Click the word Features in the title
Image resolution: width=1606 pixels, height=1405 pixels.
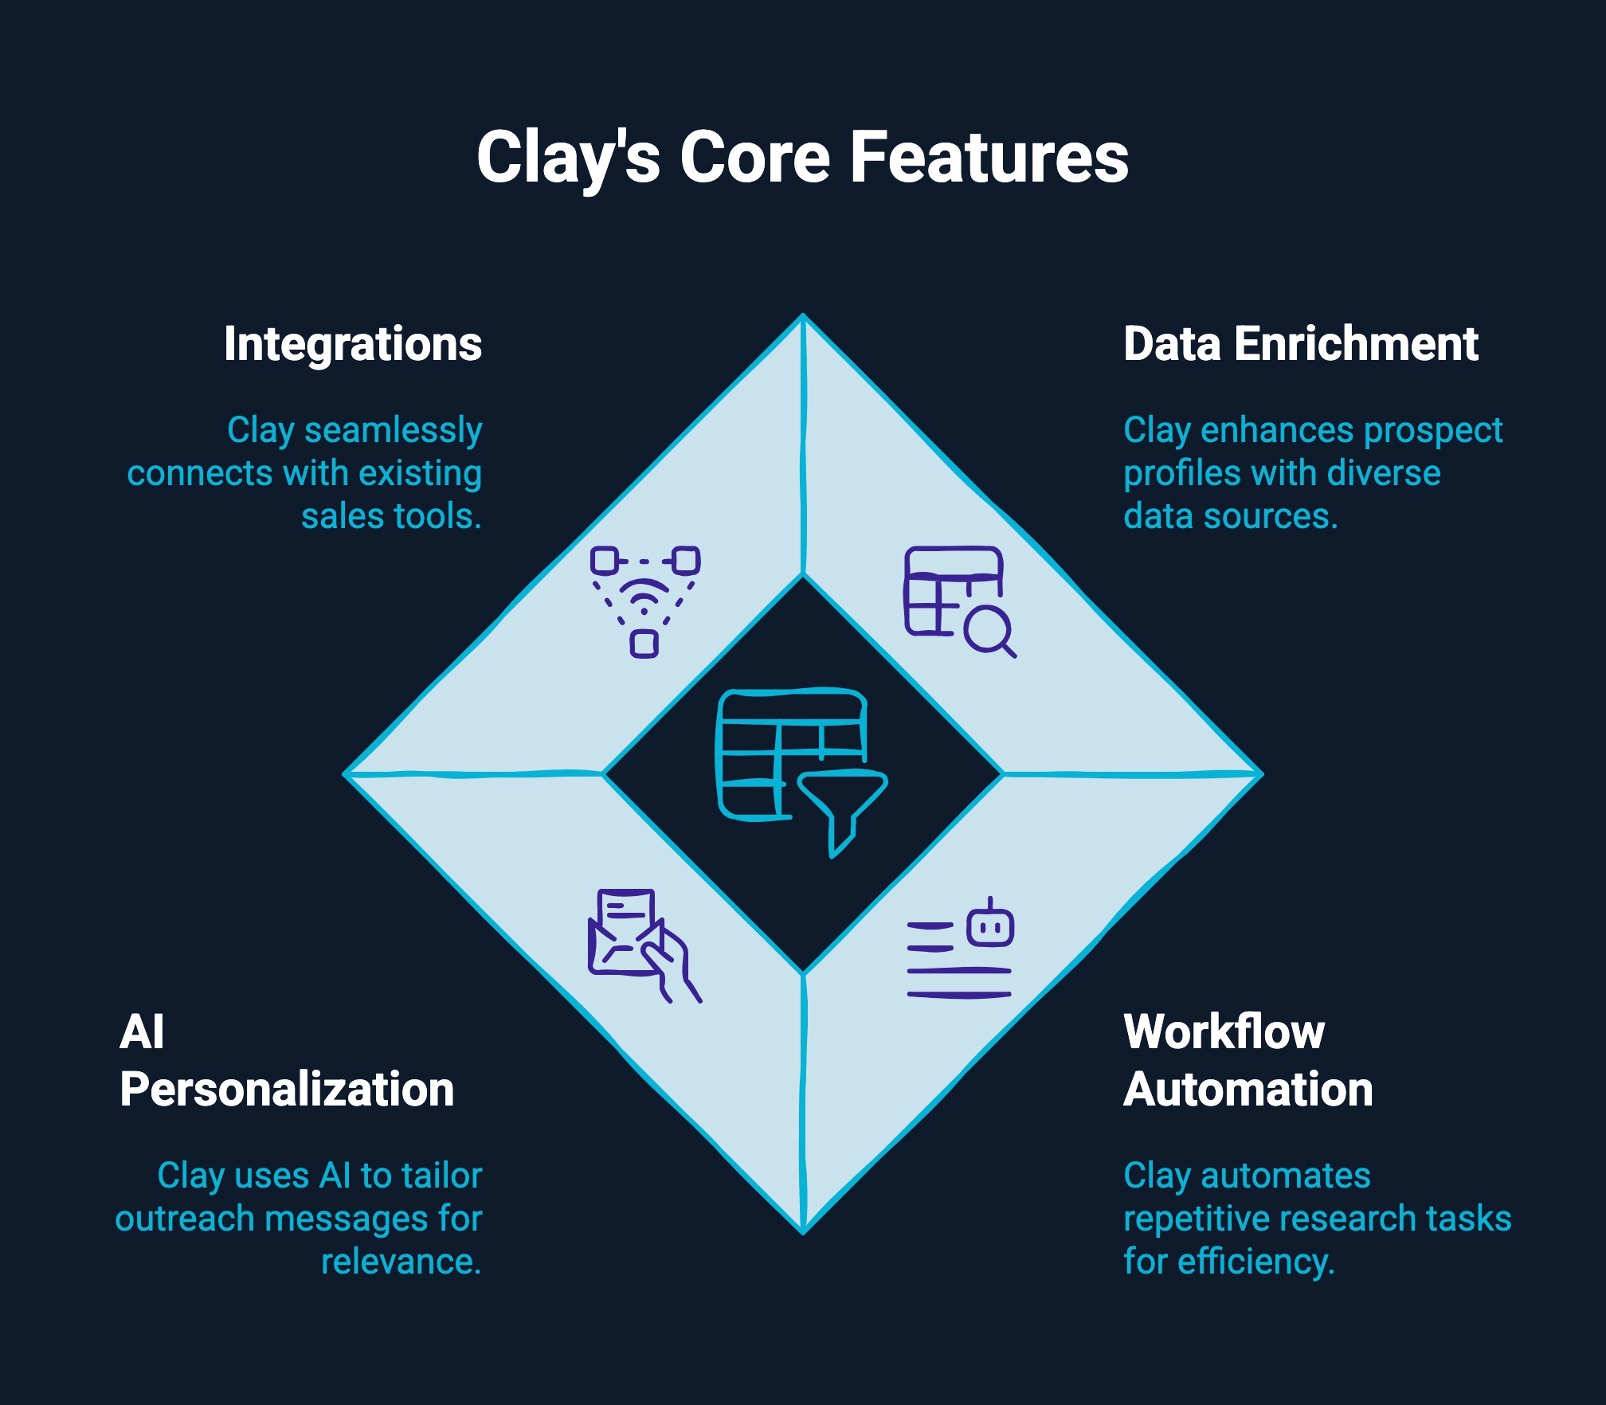click(x=990, y=157)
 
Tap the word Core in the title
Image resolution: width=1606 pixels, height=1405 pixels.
click(x=755, y=157)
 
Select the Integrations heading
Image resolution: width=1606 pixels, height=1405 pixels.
click(x=353, y=345)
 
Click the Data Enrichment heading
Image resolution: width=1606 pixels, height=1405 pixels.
click(x=1301, y=344)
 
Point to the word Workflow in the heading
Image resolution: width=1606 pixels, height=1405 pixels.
click(x=1224, y=1032)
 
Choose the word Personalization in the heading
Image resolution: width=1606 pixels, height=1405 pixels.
click(x=287, y=1090)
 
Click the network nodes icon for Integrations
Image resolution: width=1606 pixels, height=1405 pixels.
click(x=645, y=601)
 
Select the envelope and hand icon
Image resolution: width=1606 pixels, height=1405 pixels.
click(x=644, y=945)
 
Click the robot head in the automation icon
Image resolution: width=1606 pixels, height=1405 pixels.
click(x=990, y=924)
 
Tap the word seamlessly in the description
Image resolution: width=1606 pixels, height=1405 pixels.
click(x=394, y=430)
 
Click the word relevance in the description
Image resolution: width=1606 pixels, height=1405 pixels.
click(x=401, y=1262)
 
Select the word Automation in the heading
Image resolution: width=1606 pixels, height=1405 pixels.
click(x=1248, y=1090)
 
